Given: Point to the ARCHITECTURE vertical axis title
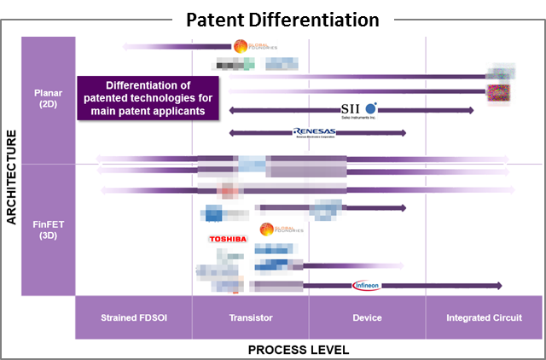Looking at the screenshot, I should pyautogui.click(x=11, y=177).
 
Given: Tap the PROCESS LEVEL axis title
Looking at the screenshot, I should pyautogui.click(x=299, y=350).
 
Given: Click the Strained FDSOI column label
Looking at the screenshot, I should pyautogui.click(x=134, y=317).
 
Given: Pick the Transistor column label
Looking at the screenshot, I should pyautogui.click(x=251, y=317).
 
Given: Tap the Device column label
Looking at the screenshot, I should pyautogui.click(x=367, y=317).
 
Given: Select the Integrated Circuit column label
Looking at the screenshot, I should pyautogui.click(x=484, y=317).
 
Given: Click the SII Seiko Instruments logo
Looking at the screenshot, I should pyautogui.click(x=357, y=109).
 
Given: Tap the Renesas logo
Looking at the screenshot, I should pyautogui.click(x=315, y=132).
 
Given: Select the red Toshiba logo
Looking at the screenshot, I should pyautogui.click(x=228, y=240).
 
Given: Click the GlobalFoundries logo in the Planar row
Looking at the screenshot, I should pyautogui.click(x=253, y=46).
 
